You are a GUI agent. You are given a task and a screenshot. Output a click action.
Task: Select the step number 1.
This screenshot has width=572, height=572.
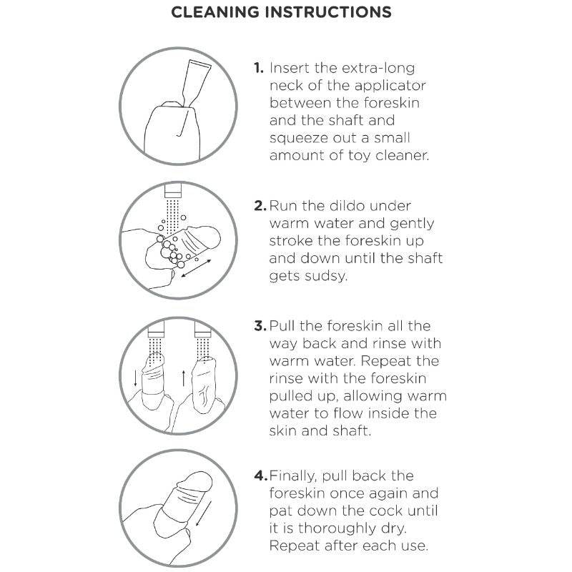(x=259, y=68)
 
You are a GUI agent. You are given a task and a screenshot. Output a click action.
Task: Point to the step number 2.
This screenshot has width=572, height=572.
(x=260, y=206)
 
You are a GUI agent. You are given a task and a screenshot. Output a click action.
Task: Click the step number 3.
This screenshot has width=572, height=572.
(x=260, y=326)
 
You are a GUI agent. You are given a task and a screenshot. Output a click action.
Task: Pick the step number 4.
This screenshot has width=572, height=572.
(x=261, y=475)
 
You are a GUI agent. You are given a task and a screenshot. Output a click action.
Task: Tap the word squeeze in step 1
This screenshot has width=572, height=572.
(x=299, y=139)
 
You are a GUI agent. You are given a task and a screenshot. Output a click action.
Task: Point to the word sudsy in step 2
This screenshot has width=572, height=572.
(x=326, y=277)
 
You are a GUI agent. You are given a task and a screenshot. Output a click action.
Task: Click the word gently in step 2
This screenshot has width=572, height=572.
(x=412, y=224)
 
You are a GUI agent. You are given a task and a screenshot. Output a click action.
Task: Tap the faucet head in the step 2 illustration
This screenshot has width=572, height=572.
(x=173, y=189)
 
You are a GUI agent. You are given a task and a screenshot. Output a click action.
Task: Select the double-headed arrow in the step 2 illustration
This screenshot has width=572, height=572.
(x=196, y=268)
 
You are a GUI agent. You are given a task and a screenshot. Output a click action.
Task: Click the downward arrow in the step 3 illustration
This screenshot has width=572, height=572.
(x=135, y=378)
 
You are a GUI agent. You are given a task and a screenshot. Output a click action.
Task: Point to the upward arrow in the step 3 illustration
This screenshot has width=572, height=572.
(x=184, y=378)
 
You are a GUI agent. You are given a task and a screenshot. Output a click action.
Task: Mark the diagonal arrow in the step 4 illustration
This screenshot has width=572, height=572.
(x=204, y=513)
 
